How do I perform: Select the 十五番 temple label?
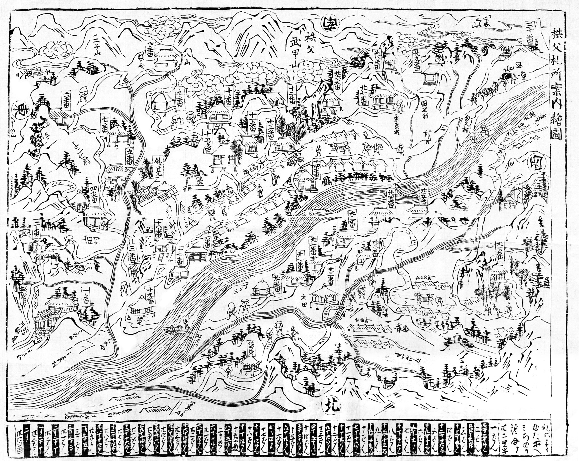coord(208,145)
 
